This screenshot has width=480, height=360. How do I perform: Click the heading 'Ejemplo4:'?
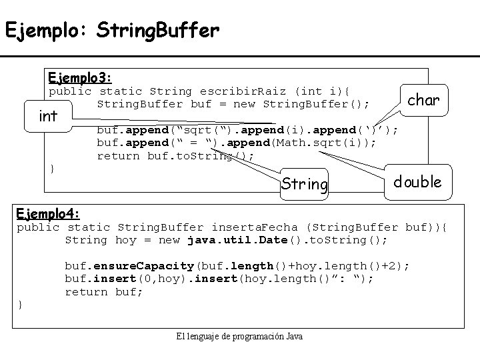49,214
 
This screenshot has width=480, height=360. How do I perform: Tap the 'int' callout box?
48,116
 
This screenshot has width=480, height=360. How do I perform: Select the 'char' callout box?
423,100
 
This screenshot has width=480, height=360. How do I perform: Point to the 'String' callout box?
305,183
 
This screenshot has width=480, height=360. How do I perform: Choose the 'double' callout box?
417,181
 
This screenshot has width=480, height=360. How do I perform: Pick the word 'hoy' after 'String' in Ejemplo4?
125,239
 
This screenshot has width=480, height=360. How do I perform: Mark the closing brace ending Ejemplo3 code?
52,169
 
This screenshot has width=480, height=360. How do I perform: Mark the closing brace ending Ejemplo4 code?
20,305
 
